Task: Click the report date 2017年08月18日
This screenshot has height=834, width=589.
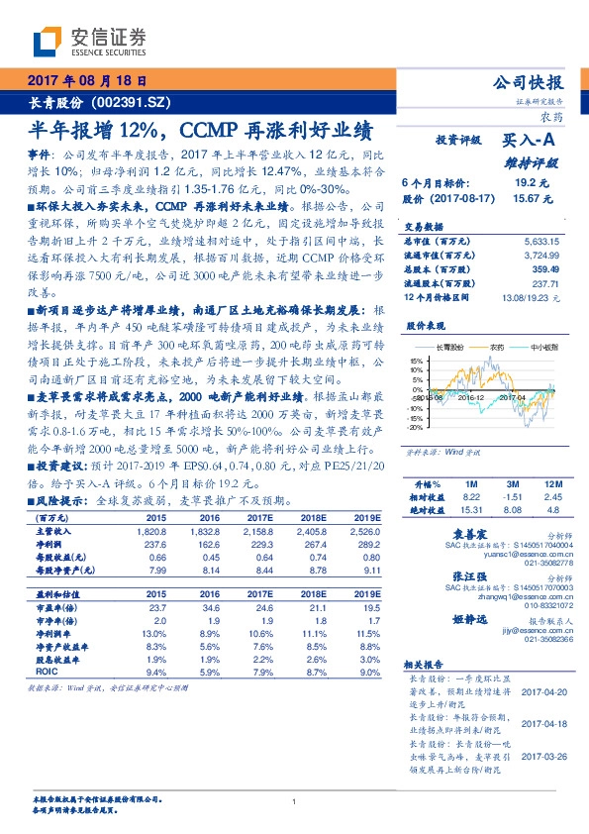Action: (87, 82)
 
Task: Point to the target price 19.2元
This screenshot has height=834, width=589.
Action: (525, 184)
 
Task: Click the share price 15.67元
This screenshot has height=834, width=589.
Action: (525, 198)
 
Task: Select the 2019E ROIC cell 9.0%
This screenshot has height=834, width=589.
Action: (366, 674)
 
